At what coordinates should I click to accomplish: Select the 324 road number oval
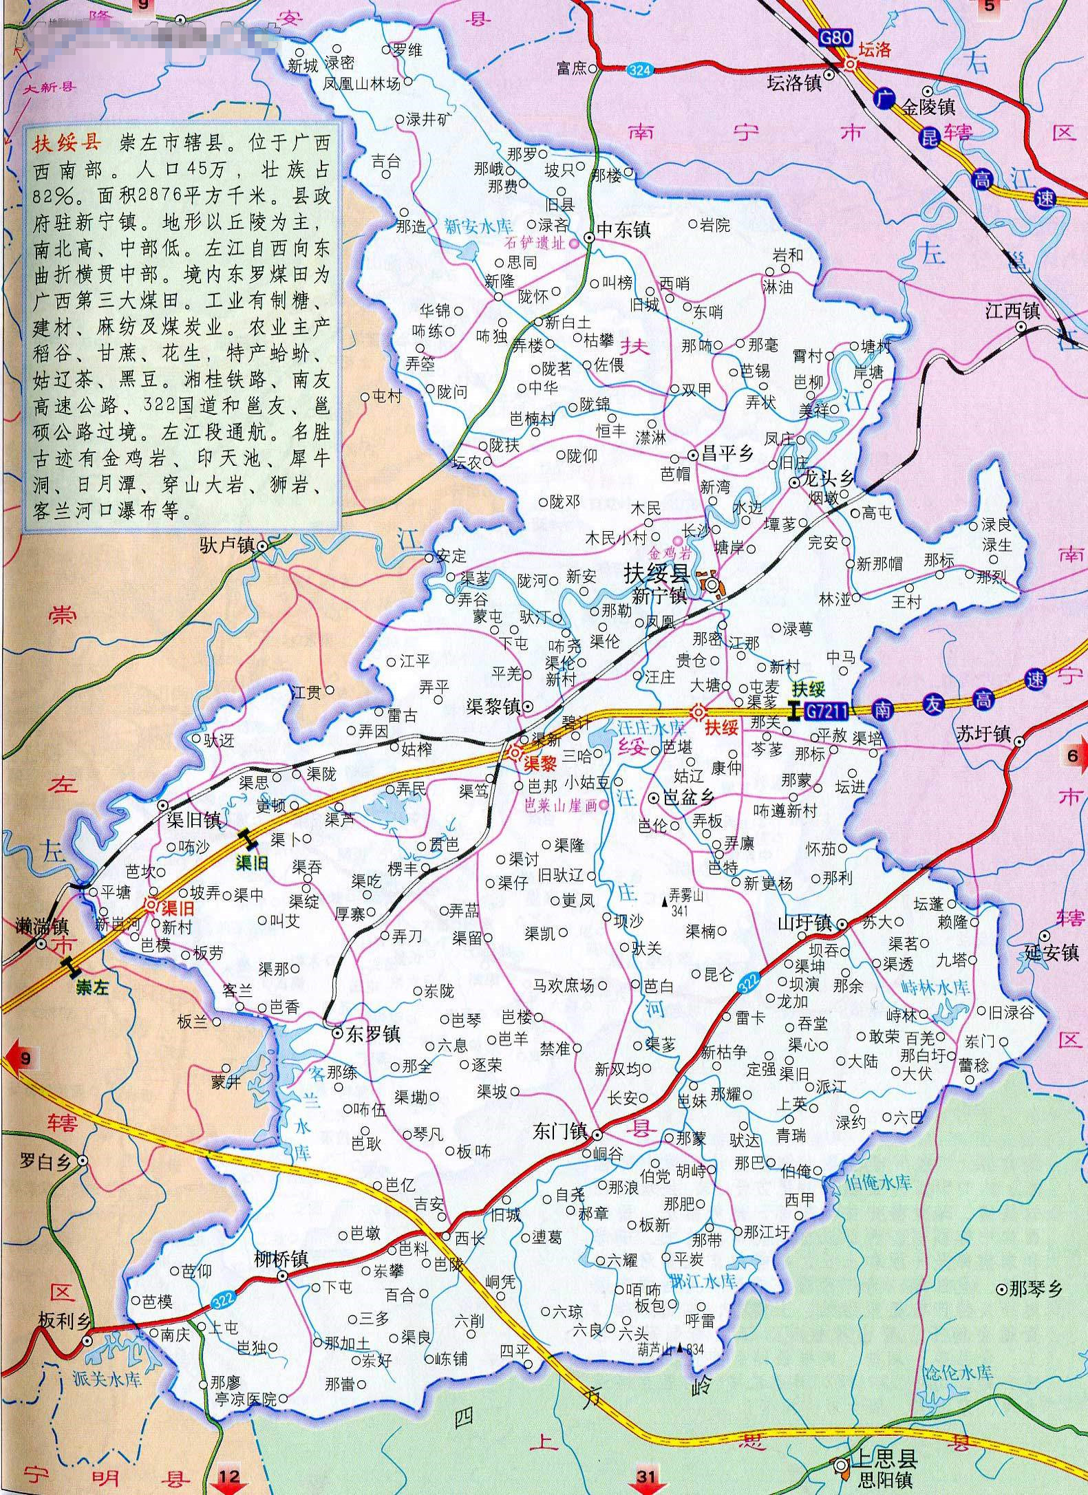pyautogui.click(x=641, y=68)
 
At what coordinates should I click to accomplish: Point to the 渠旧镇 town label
pyautogui.click(x=193, y=820)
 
